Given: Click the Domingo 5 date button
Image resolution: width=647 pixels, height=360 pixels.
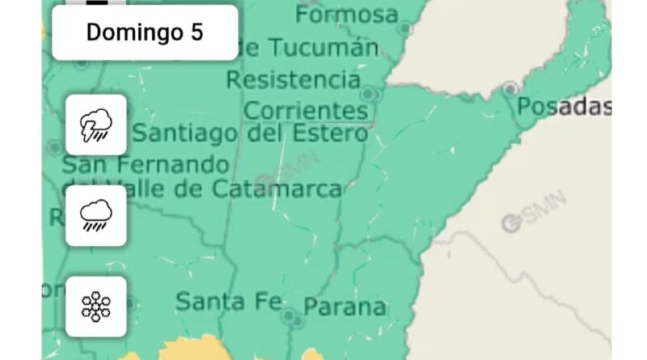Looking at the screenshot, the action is (146, 33).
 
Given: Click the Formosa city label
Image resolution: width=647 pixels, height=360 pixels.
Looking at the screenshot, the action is (347, 14).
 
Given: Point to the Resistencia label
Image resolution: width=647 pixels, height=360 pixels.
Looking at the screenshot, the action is (293, 80).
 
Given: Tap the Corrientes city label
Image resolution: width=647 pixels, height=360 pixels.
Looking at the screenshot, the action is (305, 109).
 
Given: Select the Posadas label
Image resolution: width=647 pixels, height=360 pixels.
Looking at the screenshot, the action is (563, 106).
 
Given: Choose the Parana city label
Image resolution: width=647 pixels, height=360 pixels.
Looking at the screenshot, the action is (345, 307).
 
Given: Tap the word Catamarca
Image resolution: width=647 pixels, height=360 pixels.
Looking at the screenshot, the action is (277, 189).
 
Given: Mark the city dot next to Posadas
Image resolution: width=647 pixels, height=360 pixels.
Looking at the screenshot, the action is (510, 87).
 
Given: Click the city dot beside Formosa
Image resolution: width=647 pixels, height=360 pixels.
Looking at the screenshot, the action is (405, 29).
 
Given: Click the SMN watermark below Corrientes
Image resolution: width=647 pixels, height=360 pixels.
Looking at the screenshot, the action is (287, 172).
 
